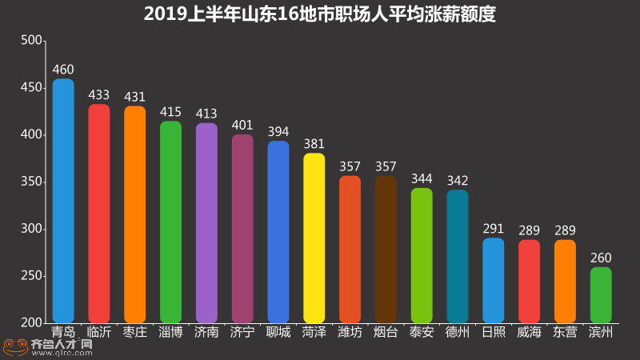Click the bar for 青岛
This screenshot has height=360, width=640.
click(x=63, y=201)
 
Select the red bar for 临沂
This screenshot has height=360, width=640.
click(x=99, y=214)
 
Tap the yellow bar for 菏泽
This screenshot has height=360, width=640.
click(x=314, y=238)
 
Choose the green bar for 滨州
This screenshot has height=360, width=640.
click(x=601, y=295)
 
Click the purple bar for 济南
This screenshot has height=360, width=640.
click(x=206, y=223)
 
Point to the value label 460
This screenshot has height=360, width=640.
click(x=63, y=70)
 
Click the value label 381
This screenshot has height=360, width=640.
click(x=314, y=144)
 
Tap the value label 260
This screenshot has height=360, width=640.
click(x=601, y=258)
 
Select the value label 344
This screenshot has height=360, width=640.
click(x=422, y=178)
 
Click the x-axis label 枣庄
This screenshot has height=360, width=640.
click(x=135, y=332)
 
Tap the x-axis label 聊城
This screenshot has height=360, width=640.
click(x=278, y=332)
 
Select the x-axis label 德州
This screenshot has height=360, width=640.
click(x=458, y=332)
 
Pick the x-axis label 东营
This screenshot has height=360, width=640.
click(x=565, y=332)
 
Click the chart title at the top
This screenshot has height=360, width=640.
click(x=320, y=14)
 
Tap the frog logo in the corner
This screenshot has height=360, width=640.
click(x=14, y=346)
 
